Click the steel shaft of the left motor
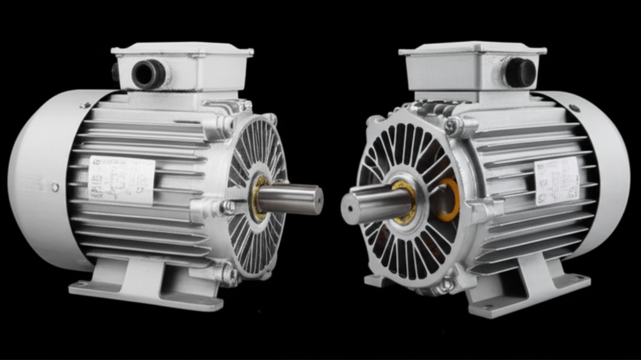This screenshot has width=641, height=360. tap(288, 198)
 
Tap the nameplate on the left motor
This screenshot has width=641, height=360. tap(121, 179)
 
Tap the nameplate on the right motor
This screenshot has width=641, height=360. tap(556, 180)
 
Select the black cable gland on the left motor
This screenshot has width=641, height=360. tap(149, 74)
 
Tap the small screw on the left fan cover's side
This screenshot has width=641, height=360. tap(55, 187)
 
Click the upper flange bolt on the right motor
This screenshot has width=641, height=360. tap(450, 126)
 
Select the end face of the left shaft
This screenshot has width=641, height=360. tap(319, 200)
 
